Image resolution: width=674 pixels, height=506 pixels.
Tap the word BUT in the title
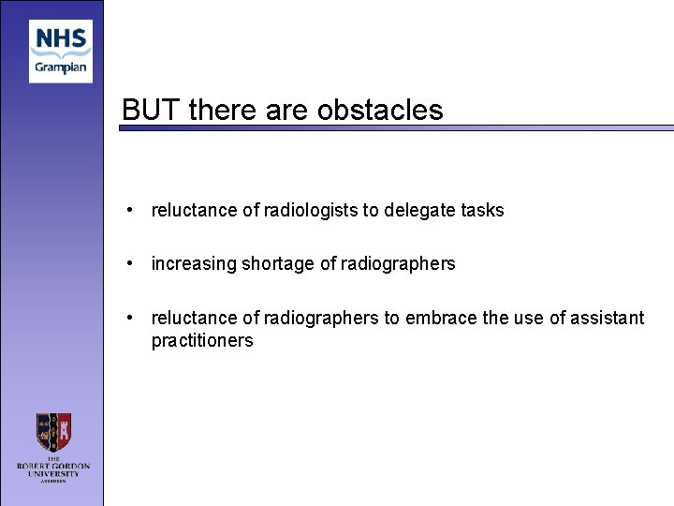pyautogui.click(x=152, y=111)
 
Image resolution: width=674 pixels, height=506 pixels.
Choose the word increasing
pyautogui.click(x=194, y=264)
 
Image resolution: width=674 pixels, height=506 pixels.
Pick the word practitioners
pyautogui.click(x=202, y=341)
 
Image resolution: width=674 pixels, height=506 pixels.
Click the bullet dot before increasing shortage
pyautogui.click(x=134, y=264)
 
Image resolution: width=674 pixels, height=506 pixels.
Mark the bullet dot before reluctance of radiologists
pyautogui.click(x=134, y=211)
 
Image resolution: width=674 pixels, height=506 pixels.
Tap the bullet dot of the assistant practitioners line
pyautogui.click(x=134, y=319)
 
